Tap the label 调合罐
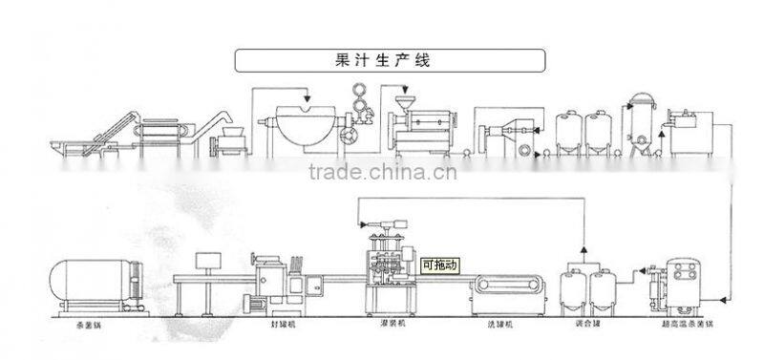click(584, 325)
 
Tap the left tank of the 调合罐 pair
click(572, 286)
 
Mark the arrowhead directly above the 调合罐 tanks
click(584, 259)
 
